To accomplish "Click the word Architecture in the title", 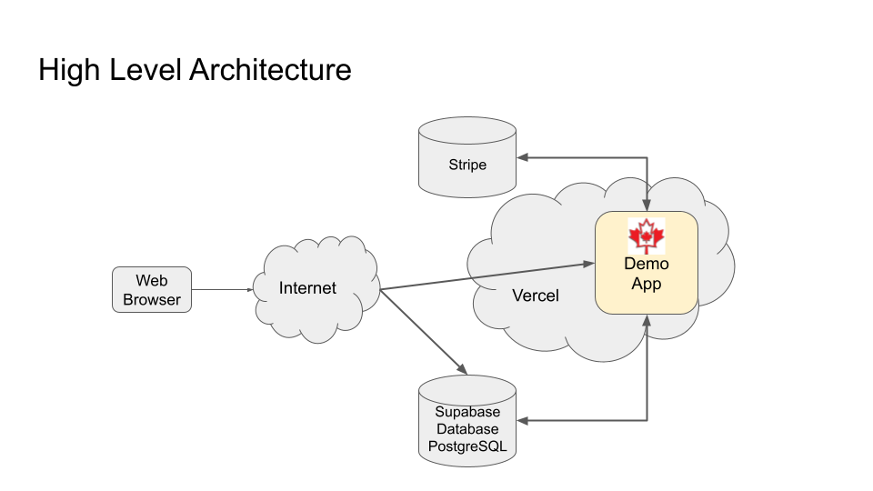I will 270,70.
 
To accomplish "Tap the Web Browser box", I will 152,290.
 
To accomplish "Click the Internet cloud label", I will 307,288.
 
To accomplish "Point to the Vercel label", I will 536,296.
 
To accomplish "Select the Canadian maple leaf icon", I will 647,235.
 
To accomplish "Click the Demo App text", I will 647,274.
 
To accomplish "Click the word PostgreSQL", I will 467,446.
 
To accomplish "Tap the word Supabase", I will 467,412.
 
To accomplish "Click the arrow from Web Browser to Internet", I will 223,290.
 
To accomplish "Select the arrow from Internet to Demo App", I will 482,276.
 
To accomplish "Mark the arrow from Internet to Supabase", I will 423,332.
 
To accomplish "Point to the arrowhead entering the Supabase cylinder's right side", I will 524,420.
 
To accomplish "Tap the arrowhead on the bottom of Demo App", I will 647,321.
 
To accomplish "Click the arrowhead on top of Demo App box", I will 647,205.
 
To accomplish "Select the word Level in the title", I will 145,70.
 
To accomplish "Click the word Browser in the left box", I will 152,300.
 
